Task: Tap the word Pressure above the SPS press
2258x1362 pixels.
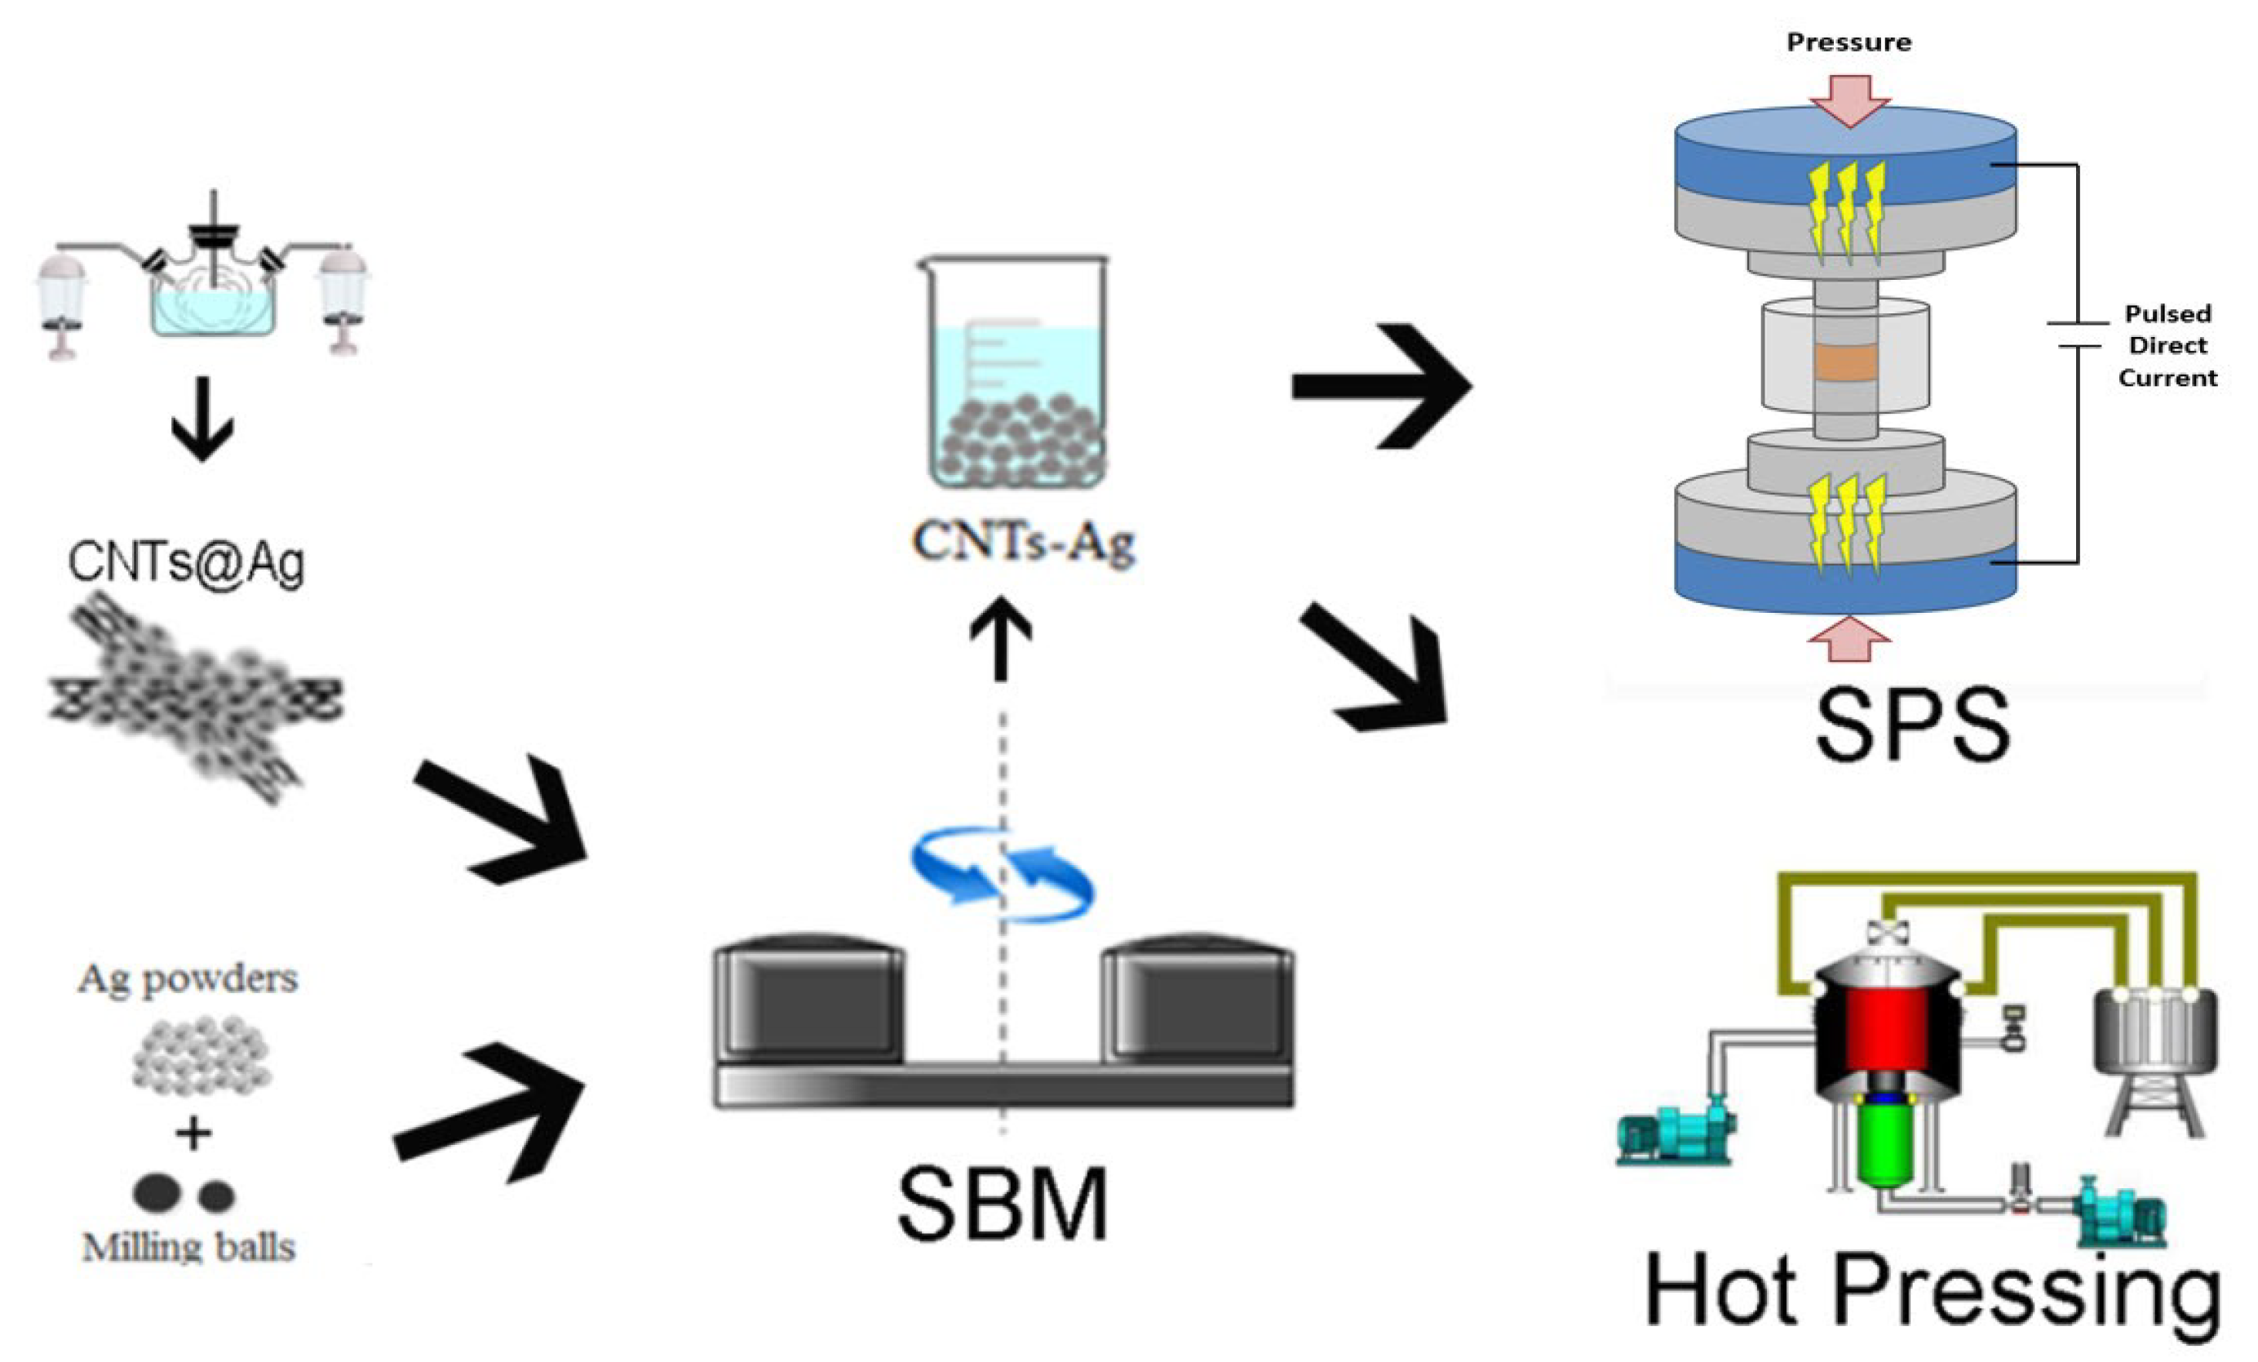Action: pos(1848,42)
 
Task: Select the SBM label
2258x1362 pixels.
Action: pos(1003,1204)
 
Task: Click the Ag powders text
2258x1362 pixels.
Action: pos(188,979)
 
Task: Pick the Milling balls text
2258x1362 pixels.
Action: pos(188,1248)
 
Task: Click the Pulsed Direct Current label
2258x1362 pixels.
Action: pos(2167,345)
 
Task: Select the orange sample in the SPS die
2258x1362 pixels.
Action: pos(1845,363)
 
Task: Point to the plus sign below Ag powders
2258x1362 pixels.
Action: pos(193,1134)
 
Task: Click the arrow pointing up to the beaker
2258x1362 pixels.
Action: pos(1001,637)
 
